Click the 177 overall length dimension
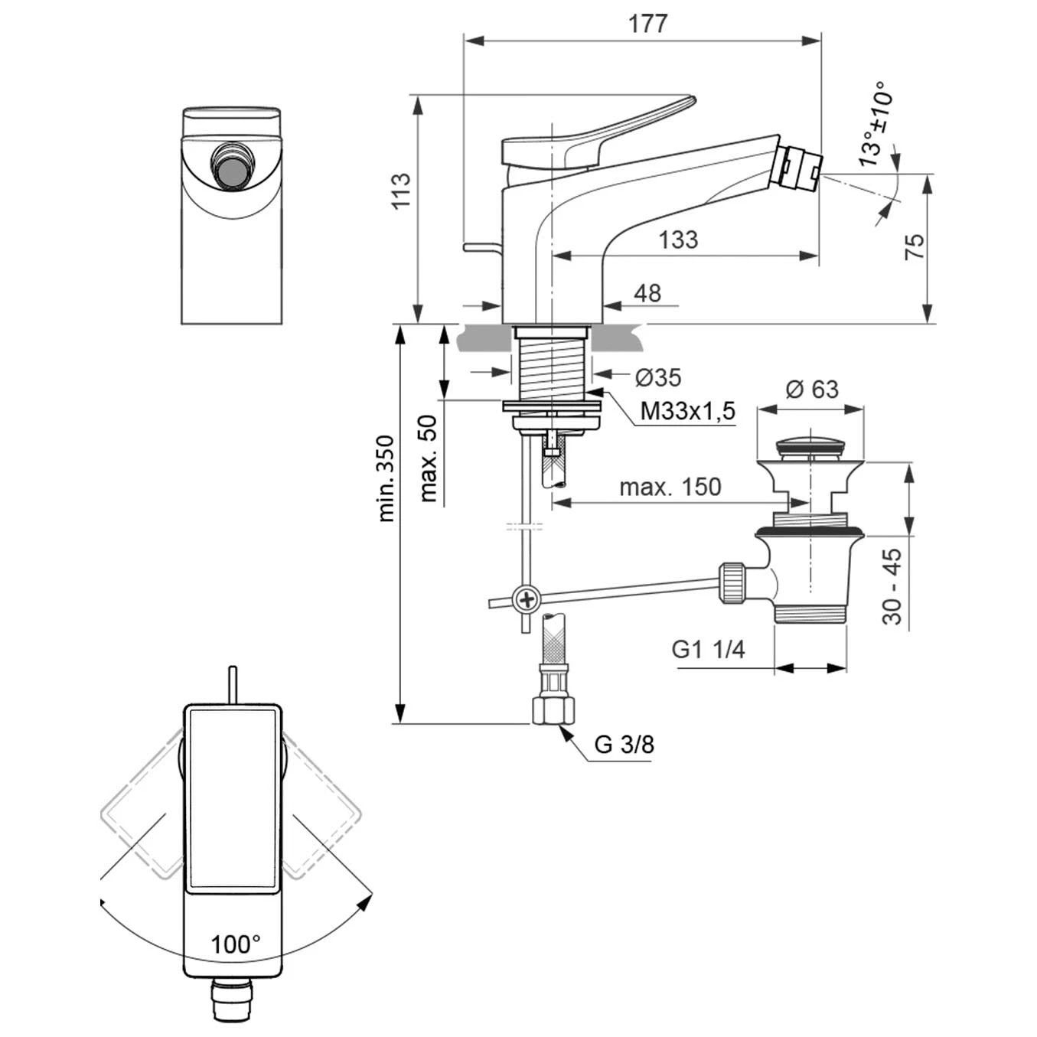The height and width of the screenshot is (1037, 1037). click(647, 24)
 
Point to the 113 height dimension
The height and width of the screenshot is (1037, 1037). click(401, 191)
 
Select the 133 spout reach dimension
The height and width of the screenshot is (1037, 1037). click(678, 240)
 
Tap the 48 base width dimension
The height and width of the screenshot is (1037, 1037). click(647, 293)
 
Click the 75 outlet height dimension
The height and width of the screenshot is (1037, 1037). click(915, 246)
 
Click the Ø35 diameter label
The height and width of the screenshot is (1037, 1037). click(657, 377)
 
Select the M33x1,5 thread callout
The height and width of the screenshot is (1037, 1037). click(687, 411)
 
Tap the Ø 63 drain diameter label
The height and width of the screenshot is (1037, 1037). click(812, 389)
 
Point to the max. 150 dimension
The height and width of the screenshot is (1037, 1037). click(670, 487)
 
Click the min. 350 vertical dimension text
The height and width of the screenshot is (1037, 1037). click(387, 478)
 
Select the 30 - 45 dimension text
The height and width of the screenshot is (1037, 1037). click(892, 586)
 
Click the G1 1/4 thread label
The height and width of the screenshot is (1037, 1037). click(708, 649)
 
